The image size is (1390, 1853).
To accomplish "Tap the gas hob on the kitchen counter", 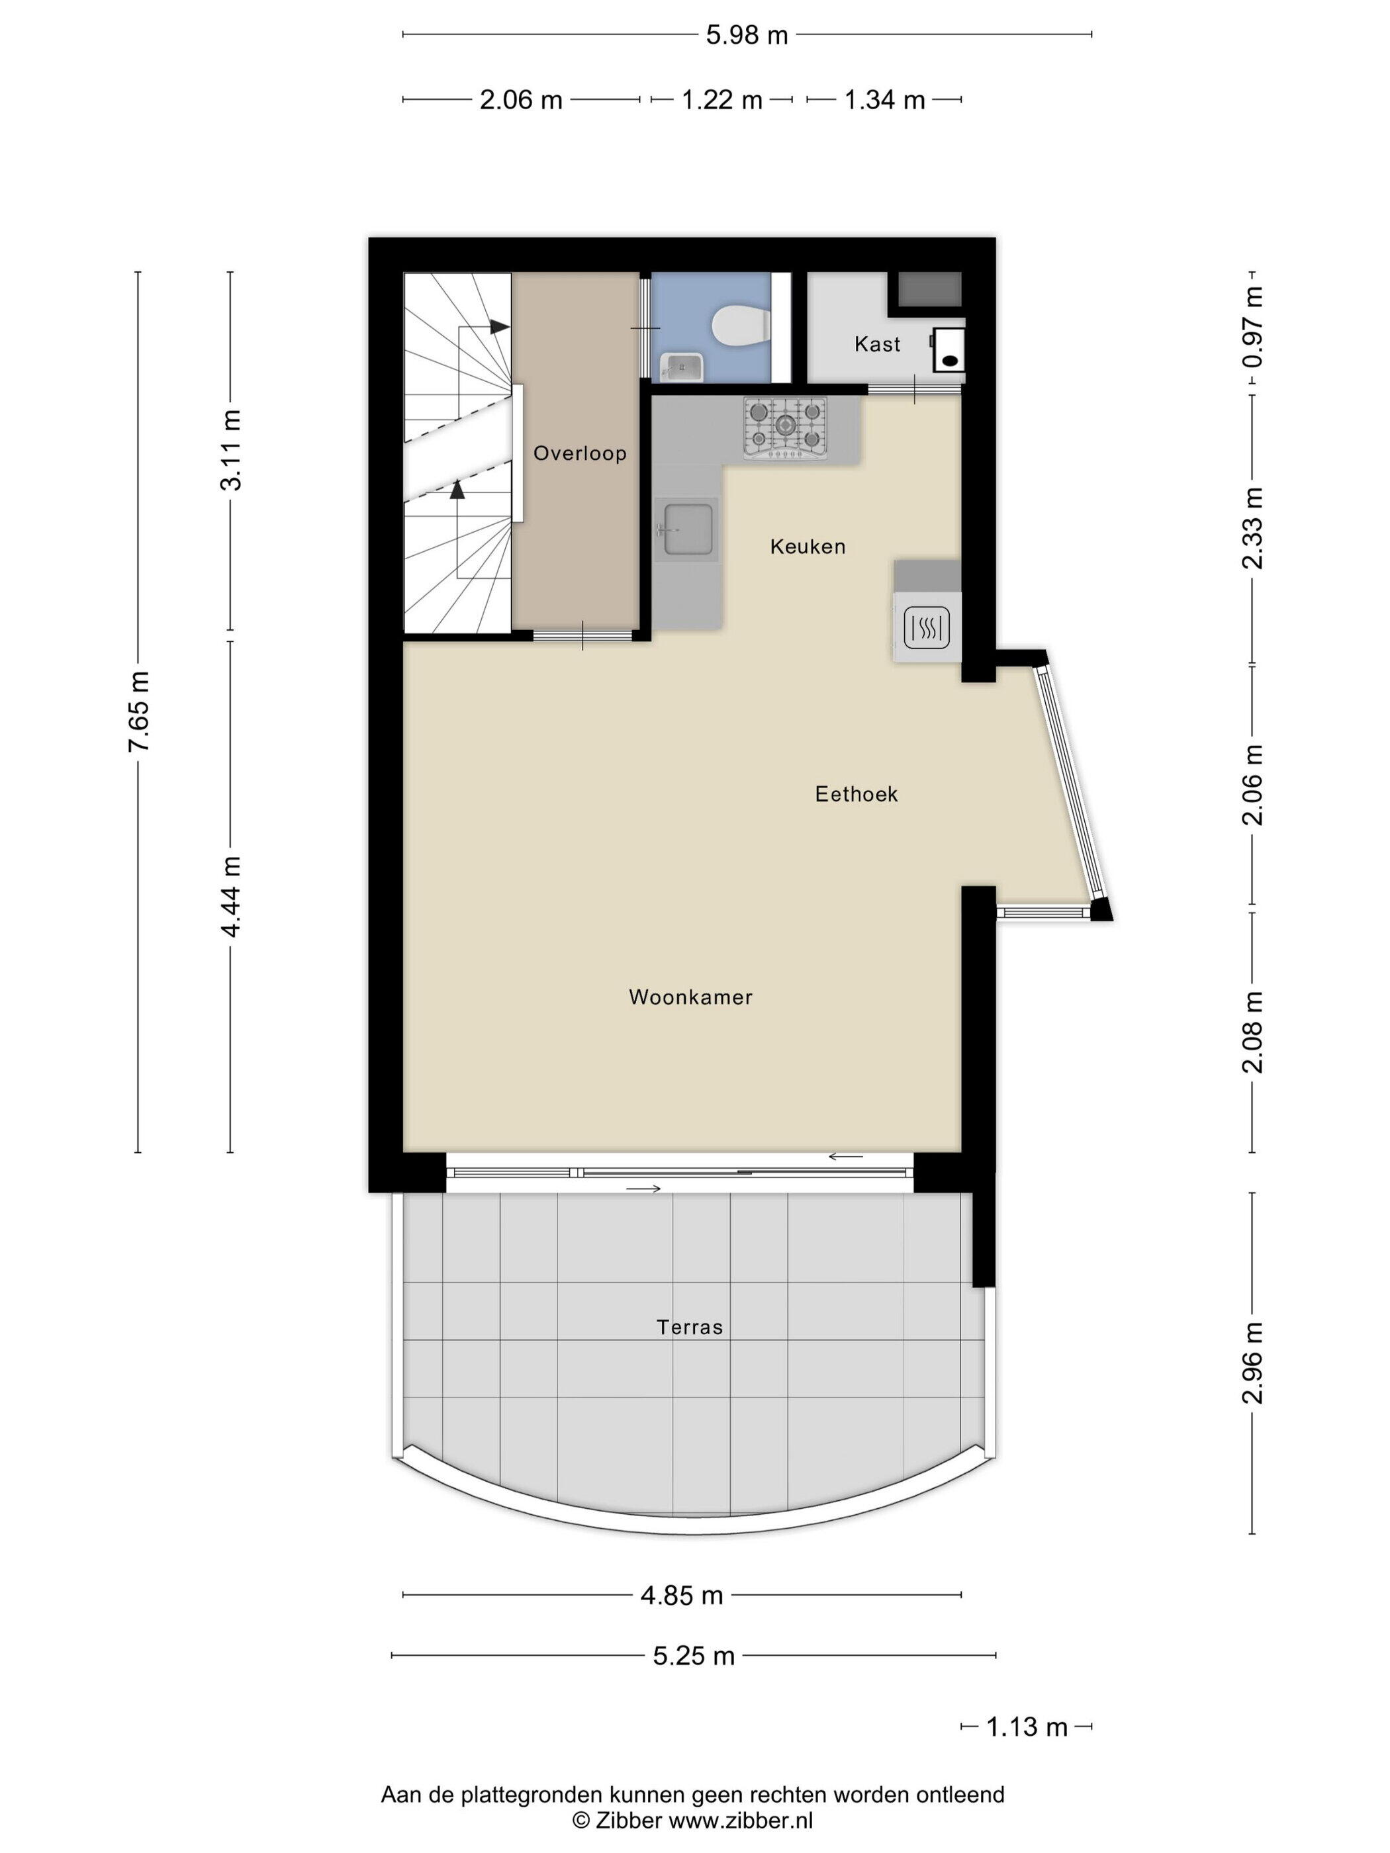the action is [x=785, y=428].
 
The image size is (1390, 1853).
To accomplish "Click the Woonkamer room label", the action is [x=690, y=997].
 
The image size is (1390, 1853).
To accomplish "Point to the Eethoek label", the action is [x=857, y=793].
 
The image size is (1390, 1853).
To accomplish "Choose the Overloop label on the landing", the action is [x=580, y=453].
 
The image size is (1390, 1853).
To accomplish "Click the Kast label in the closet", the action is [x=877, y=343].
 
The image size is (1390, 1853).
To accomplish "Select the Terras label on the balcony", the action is [x=690, y=1327].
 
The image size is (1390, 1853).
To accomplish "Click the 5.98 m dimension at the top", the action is [x=747, y=35].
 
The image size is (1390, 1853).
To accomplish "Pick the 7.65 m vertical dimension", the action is [x=139, y=711].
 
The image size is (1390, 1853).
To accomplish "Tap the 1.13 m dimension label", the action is [x=1027, y=1727].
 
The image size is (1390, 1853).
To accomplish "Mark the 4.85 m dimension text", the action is [x=681, y=1595].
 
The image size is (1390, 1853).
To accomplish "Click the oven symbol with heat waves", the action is [x=927, y=627].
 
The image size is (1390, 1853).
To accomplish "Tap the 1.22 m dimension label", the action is [x=721, y=101].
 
